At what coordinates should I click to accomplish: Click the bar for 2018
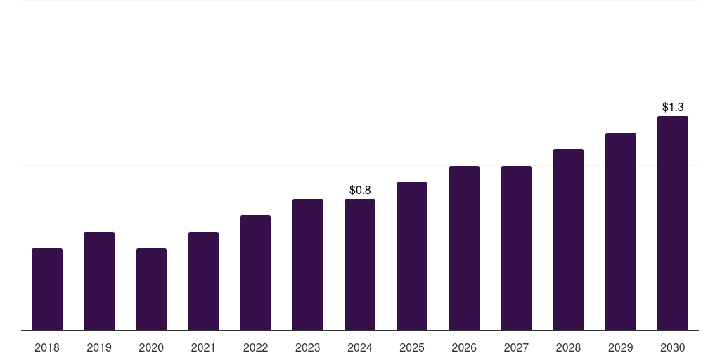tap(47, 289)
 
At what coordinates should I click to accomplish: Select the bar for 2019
tap(99, 281)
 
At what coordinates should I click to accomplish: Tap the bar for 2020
tap(151, 289)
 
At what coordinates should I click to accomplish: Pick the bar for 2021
tap(203, 281)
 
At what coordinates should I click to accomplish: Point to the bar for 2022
tap(255, 273)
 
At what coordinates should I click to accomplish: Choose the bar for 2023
tap(308, 264)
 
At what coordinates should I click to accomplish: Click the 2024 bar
tap(360, 264)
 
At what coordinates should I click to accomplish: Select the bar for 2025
tap(412, 256)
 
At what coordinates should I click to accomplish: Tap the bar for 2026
tap(464, 248)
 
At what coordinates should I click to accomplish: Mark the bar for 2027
tap(516, 248)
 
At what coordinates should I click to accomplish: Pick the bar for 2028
tap(568, 240)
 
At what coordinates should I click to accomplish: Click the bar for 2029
tap(621, 231)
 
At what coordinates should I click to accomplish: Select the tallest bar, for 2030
tap(673, 223)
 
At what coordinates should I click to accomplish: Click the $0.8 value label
tap(360, 190)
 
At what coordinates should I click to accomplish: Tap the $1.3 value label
tap(673, 107)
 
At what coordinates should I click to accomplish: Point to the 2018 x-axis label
tap(47, 347)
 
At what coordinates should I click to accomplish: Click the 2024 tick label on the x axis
tap(360, 347)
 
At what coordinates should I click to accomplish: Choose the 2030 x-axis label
tap(673, 347)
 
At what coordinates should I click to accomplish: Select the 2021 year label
tap(203, 347)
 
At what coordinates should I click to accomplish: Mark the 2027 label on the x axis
tap(516, 347)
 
